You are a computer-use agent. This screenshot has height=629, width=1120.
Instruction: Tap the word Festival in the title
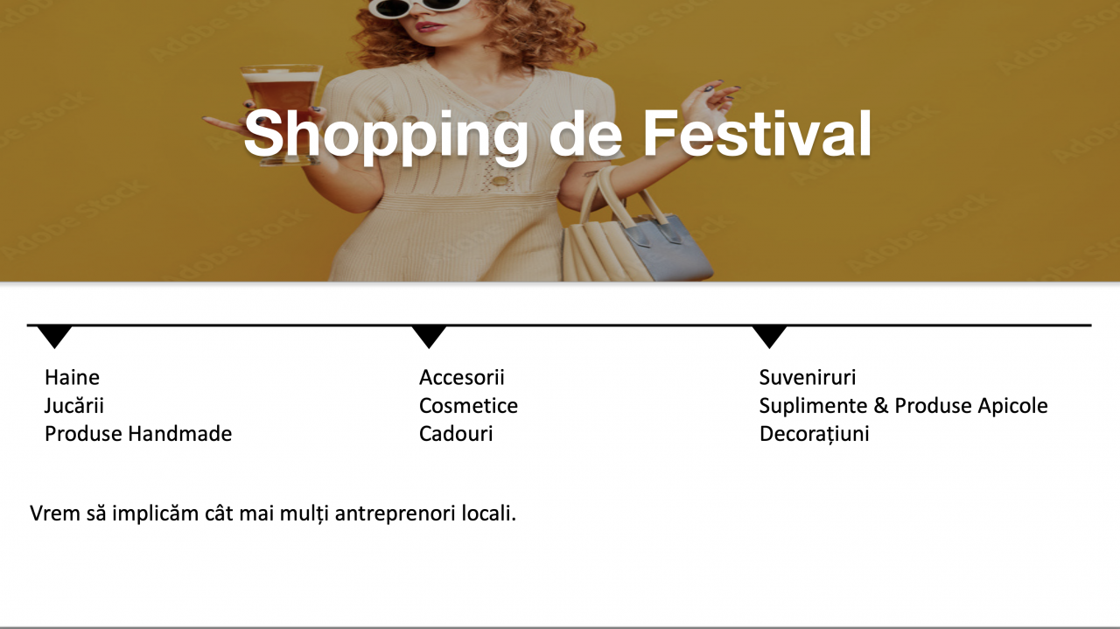pos(757,133)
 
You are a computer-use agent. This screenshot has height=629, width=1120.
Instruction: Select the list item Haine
pos(72,377)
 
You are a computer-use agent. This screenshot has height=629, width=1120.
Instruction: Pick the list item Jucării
pos(74,406)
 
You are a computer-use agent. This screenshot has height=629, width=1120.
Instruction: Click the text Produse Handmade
pos(138,434)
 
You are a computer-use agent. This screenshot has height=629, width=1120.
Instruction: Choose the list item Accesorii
pos(461,377)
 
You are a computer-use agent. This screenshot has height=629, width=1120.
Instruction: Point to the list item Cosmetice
pos(468,406)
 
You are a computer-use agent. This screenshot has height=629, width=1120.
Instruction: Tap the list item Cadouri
pos(456,434)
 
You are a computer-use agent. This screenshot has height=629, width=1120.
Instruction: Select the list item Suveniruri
pos(808,377)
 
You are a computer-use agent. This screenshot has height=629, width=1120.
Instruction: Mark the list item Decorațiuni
pos(814,434)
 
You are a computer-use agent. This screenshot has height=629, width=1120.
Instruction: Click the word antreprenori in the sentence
pos(395,514)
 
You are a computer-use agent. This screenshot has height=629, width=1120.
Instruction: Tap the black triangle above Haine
pos(55,337)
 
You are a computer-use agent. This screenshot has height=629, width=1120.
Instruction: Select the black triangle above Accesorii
pos(429,337)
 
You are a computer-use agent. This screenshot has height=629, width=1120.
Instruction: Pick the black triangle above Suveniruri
pos(769,337)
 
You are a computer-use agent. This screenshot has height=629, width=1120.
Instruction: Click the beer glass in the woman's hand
pos(282,114)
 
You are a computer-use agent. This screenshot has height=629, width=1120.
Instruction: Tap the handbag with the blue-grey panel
pos(635,230)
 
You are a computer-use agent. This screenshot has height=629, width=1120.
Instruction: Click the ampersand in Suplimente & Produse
pos(881,406)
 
